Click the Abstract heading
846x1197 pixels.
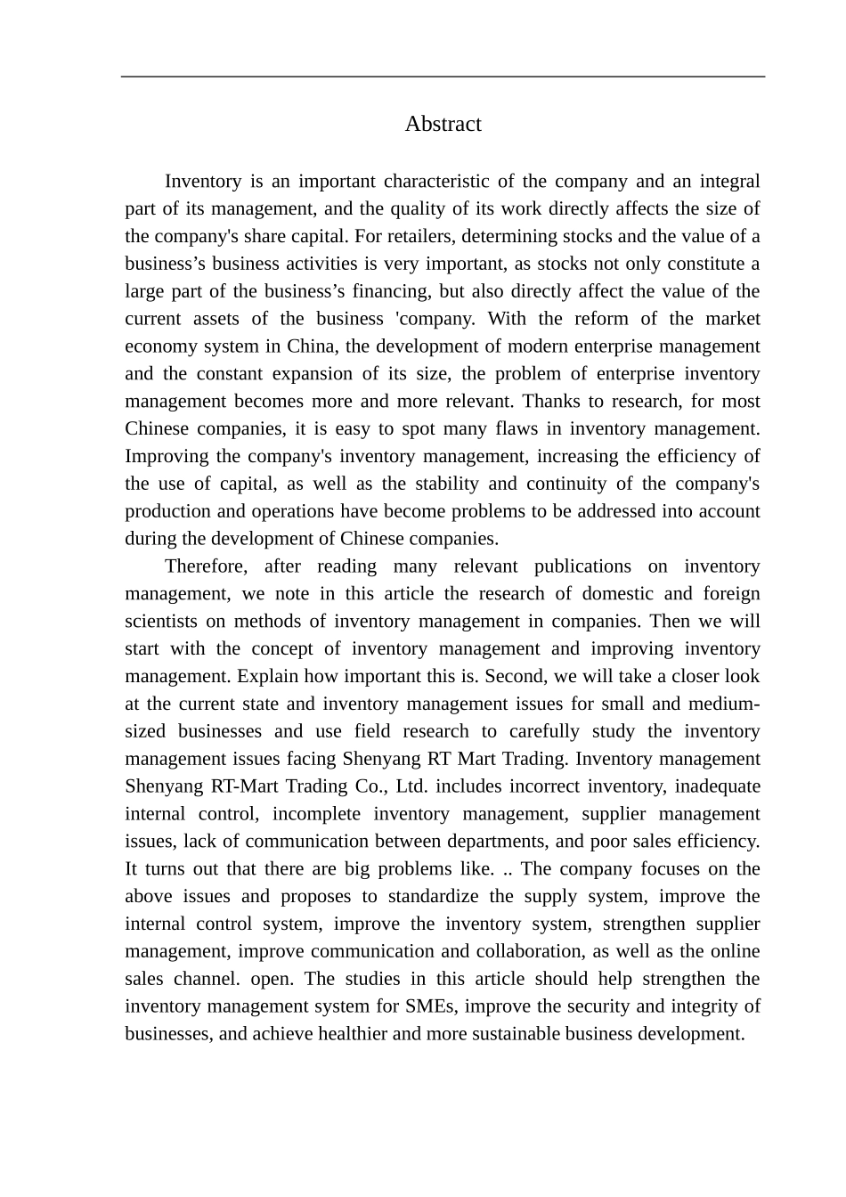443,124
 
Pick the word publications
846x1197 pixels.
582,566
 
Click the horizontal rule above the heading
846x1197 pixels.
443,77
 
